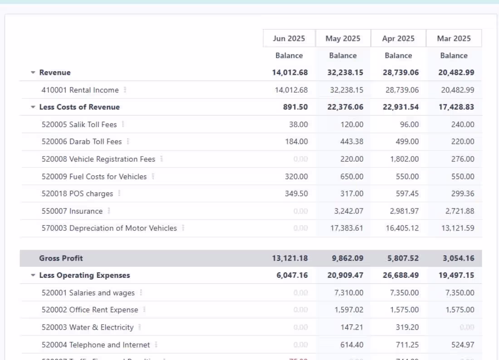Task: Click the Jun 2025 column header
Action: tap(289, 39)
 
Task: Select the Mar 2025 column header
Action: tap(454, 39)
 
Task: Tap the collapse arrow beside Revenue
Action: tap(33, 73)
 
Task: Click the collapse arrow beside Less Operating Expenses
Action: tap(33, 276)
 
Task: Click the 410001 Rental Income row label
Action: tap(80, 90)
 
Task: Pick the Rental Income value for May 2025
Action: tap(347, 90)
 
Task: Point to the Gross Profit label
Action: tap(61, 258)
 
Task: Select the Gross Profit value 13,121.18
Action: tap(290, 258)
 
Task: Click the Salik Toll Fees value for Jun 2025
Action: tap(298, 124)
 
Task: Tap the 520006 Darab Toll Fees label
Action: tap(82, 142)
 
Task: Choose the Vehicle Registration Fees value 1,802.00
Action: tap(401, 159)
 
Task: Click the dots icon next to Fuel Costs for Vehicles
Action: tap(153, 176)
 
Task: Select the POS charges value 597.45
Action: tap(401, 194)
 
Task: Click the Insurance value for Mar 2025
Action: tap(457, 211)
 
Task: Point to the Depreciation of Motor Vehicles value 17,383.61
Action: tap(347, 228)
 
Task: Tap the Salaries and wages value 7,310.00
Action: tap(348, 293)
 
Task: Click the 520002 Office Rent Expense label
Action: tap(90, 310)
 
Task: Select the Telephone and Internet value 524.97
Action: tap(460, 345)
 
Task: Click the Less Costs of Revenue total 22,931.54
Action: tap(401, 107)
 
